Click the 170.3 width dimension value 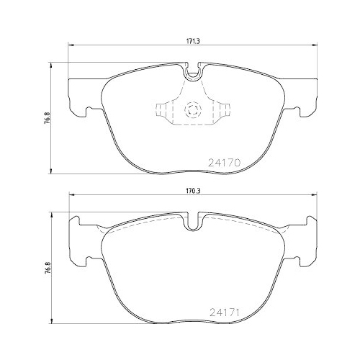(191, 192)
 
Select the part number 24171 (224, 315)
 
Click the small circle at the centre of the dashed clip (192, 110)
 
